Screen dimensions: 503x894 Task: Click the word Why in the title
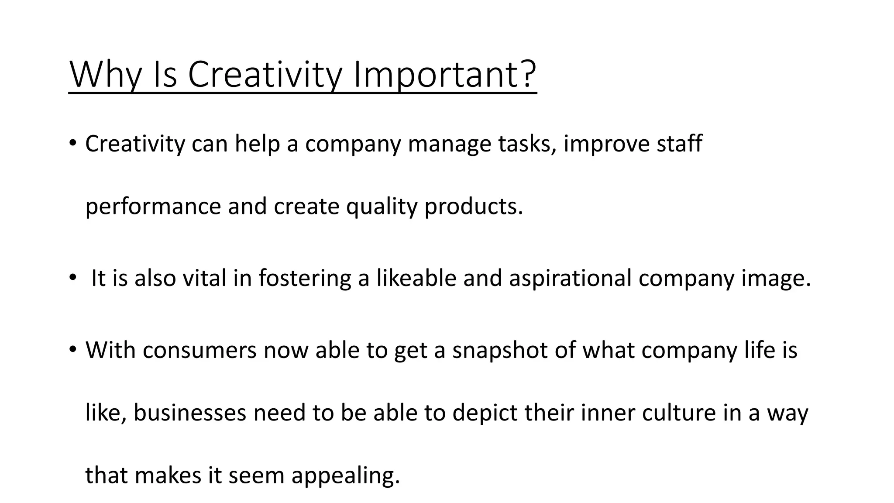coord(105,75)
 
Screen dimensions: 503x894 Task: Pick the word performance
coord(153,207)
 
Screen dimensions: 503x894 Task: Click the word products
coord(473,207)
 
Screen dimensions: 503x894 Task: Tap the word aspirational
coord(570,278)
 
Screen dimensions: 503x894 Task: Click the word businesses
coord(190,413)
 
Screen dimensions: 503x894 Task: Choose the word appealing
coord(345,475)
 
